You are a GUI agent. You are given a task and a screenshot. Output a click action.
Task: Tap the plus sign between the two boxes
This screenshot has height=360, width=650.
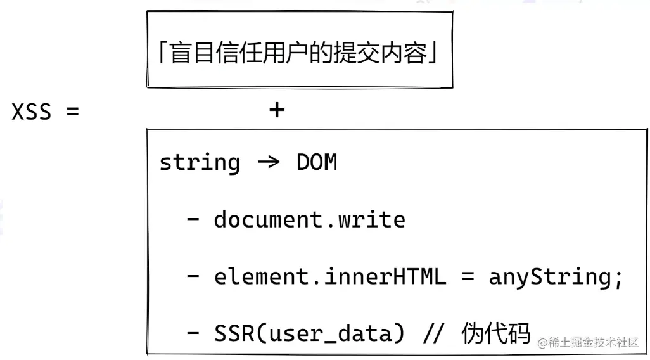277,110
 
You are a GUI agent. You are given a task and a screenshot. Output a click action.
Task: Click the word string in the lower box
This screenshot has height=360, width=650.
200,163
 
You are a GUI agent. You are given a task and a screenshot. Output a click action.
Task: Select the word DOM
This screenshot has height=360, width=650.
316,163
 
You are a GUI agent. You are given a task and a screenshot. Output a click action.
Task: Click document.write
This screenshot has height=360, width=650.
309,220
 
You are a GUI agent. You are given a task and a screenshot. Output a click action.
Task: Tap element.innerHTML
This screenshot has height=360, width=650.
329,277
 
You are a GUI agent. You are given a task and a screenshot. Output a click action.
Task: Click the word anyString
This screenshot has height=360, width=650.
549,277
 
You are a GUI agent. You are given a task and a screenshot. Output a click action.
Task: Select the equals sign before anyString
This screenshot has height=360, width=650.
467,277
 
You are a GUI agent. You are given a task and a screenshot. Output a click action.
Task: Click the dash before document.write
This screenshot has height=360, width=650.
193,220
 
